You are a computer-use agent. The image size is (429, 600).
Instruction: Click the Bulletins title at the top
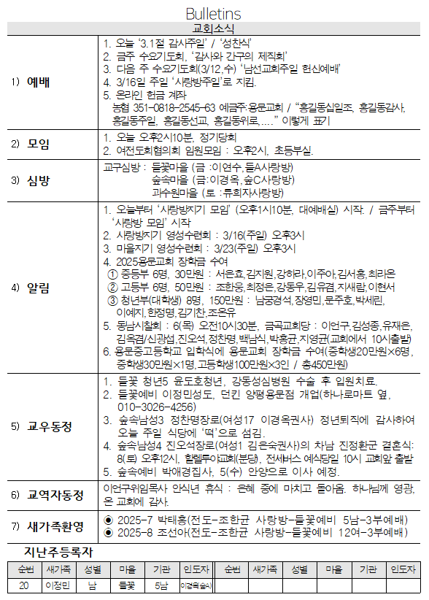pos(214,14)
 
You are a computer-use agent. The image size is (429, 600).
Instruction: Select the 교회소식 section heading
pos(214,28)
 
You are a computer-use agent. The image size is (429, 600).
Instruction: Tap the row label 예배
pos(39,81)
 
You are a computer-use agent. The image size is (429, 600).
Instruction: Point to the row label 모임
pos(39,144)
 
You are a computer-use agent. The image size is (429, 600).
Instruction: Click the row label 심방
pos(39,180)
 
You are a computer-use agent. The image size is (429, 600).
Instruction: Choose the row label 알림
pos(39,287)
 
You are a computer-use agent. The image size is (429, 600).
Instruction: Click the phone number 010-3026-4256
pos(156,407)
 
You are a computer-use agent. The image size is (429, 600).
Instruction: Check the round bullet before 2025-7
pos(109,520)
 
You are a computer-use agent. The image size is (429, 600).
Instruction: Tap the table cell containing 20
pos(24,585)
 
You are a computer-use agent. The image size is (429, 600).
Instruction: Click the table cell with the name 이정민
pos(58,585)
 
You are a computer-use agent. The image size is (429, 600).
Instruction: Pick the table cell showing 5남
pos(161,585)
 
